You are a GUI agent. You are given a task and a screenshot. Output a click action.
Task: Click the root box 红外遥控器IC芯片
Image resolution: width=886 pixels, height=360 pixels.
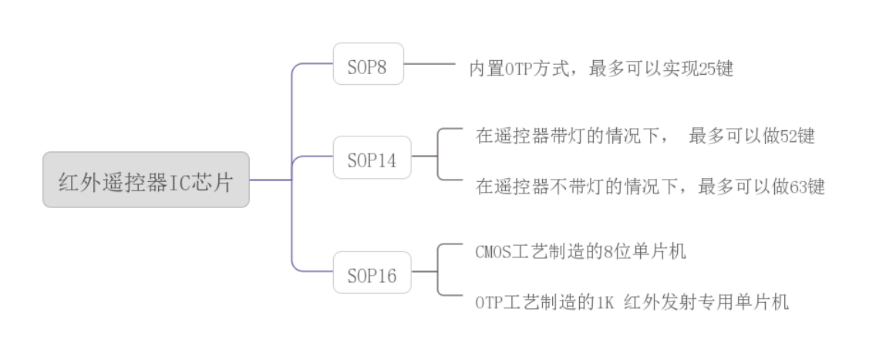[146, 180]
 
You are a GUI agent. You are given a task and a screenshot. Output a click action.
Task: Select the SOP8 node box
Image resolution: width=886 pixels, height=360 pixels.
[368, 64]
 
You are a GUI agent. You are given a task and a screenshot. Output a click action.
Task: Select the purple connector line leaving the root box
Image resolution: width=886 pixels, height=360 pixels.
[270, 180]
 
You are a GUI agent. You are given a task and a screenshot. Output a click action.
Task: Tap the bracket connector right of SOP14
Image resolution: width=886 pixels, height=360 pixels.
[437, 155]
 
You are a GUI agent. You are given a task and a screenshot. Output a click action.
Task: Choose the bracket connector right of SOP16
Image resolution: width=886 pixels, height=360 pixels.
[437, 270]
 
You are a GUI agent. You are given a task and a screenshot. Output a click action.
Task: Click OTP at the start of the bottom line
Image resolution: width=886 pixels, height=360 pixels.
[489, 302]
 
